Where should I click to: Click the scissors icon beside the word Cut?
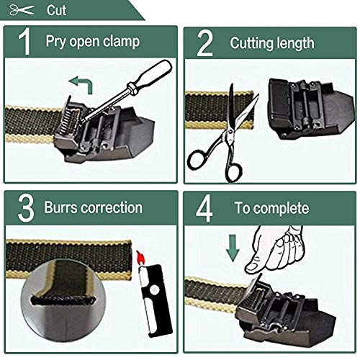click(x=22, y=10)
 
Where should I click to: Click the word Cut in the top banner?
click(x=56, y=10)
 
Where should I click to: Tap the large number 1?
click(x=24, y=42)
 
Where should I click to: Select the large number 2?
click(x=204, y=43)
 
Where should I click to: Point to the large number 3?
click(x=26, y=208)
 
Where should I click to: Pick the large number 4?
click(x=204, y=208)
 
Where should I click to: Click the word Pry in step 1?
click(x=56, y=41)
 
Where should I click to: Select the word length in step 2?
click(x=296, y=43)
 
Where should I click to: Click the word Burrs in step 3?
click(x=60, y=207)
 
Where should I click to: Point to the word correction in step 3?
click(x=112, y=207)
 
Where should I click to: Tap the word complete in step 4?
click(x=282, y=209)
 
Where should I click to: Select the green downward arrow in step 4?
click(x=233, y=248)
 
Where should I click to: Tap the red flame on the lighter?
click(x=141, y=258)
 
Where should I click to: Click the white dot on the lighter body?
click(x=154, y=289)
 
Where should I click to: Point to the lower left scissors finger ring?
click(x=198, y=160)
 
